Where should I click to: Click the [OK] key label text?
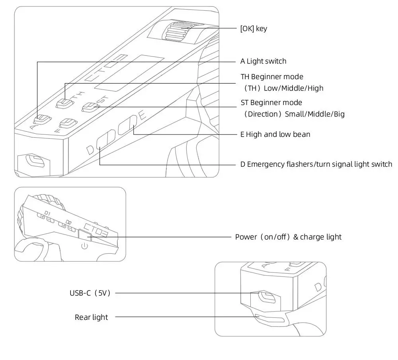(x=254, y=29)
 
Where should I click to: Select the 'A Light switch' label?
(x=263, y=61)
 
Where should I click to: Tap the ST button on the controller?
(x=90, y=107)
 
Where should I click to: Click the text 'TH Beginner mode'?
(x=272, y=77)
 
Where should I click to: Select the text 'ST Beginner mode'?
(x=271, y=103)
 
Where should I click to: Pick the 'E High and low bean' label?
(x=275, y=134)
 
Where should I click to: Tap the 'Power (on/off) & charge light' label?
(x=288, y=237)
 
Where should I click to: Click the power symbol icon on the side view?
(x=84, y=246)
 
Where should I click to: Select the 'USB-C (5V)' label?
(x=90, y=293)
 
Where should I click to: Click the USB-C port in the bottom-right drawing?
(x=266, y=297)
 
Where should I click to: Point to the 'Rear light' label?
(x=91, y=317)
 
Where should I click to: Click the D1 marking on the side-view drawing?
(x=48, y=213)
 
